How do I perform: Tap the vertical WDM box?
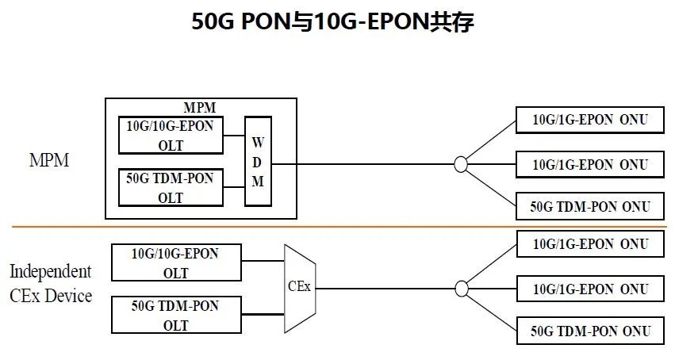(x=257, y=161)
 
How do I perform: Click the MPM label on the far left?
(x=48, y=160)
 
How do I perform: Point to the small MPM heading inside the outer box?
(x=200, y=108)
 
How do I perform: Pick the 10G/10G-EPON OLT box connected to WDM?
(x=170, y=136)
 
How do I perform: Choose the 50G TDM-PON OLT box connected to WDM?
(x=170, y=188)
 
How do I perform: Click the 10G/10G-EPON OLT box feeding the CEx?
(x=175, y=263)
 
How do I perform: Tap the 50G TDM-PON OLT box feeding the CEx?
(x=175, y=315)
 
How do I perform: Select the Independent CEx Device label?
(x=50, y=283)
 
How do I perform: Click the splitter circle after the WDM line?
(x=460, y=164)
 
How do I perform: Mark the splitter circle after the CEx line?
(x=460, y=288)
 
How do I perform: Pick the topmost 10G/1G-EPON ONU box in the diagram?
(x=590, y=121)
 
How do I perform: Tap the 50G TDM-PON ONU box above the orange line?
(x=590, y=207)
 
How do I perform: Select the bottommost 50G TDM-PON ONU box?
(x=590, y=331)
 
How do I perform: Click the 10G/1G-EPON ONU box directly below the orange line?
(x=590, y=244)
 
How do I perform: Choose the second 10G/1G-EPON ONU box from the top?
(x=590, y=164)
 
